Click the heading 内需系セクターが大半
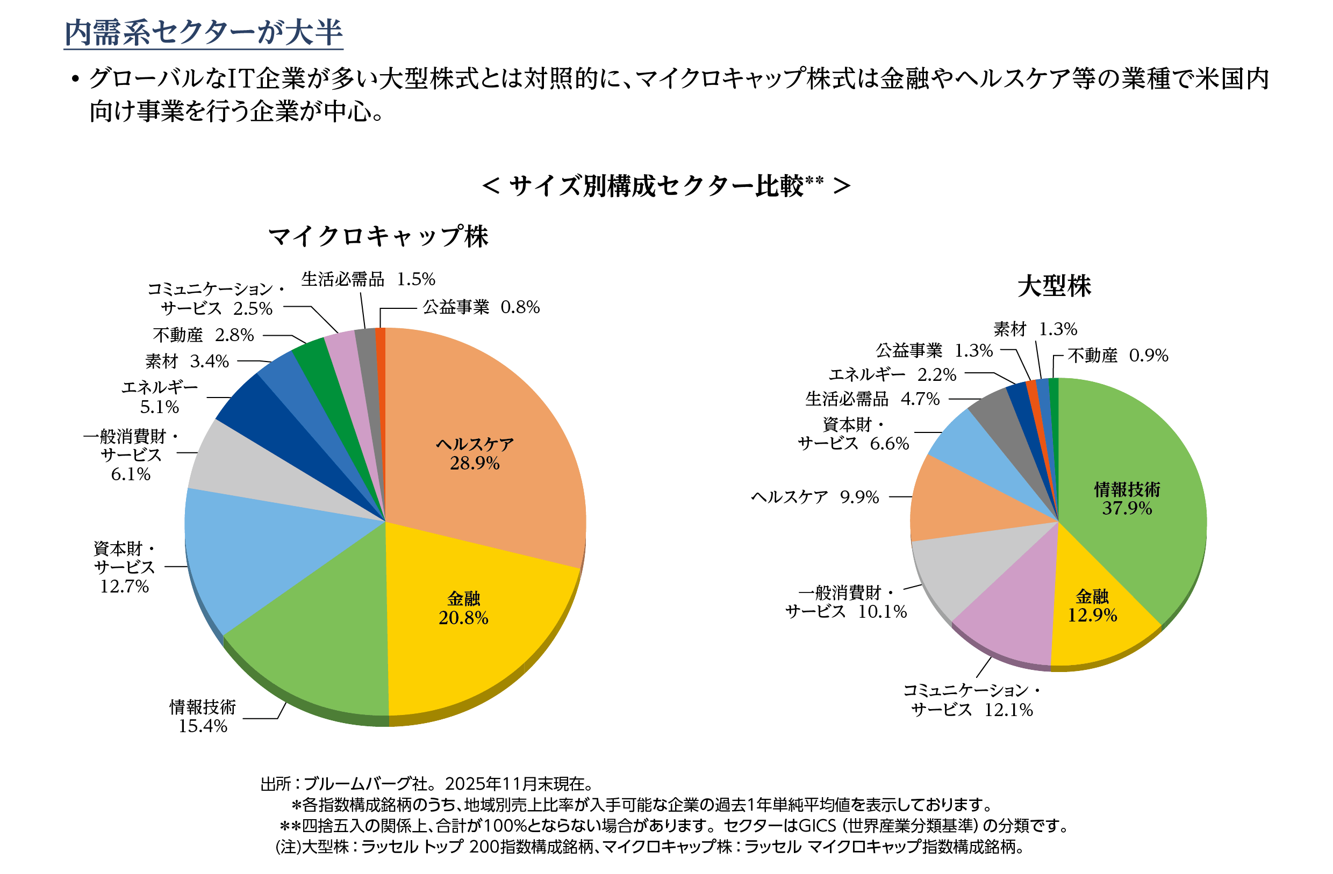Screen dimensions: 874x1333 pos(203,32)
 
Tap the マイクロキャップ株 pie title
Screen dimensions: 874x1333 pos(378,236)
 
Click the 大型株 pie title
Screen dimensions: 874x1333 pos(1054,286)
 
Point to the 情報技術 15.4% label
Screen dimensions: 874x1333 pos(203,716)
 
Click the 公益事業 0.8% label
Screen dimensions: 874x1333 pos(481,307)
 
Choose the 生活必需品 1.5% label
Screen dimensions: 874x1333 pos(368,279)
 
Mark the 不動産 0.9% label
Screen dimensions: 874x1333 pos(1117,356)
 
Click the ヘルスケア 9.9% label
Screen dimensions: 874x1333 pos(815,497)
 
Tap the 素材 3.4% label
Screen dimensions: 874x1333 pos(187,362)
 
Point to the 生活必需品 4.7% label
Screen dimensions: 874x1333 pos(872,399)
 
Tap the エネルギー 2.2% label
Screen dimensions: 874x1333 pos(892,374)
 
